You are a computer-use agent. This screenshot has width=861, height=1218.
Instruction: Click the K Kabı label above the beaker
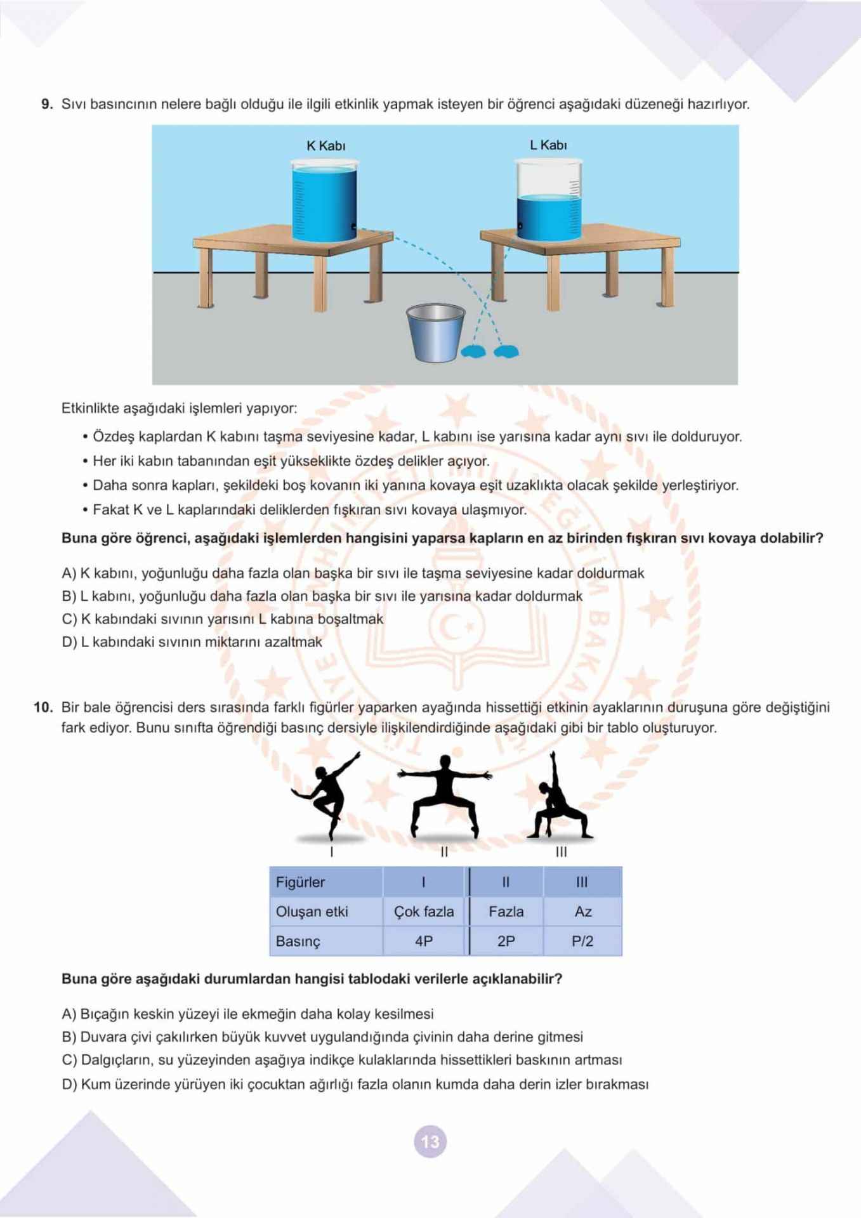click(x=326, y=146)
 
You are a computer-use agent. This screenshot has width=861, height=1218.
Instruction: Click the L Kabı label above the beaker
click(x=548, y=145)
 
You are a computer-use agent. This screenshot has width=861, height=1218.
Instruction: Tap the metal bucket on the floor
click(x=436, y=332)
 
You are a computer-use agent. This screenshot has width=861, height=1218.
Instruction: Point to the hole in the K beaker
click(x=352, y=226)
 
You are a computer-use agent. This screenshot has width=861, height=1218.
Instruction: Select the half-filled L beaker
click(x=549, y=200)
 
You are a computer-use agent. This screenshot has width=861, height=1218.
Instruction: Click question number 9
click(x=47, y=105)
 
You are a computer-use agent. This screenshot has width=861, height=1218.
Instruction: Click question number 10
click(x=43, y=707)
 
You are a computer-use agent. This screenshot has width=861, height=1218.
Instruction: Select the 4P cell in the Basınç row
click(x=424, y=941)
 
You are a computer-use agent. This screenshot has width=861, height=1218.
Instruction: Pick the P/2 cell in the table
click(x=582, y=941)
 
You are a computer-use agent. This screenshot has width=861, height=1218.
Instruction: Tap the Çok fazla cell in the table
click(x=424, y=912)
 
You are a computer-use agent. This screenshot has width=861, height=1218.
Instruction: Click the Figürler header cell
click(x=300, y=882)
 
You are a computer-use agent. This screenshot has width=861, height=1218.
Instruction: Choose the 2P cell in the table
click(x=506, y=941)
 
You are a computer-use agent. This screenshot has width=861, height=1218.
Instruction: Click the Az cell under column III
click(x=583, y=912)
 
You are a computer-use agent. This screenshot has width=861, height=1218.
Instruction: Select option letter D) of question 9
click(x=69, y=642)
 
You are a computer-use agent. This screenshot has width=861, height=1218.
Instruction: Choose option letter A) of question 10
click(x=69, y=1014)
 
